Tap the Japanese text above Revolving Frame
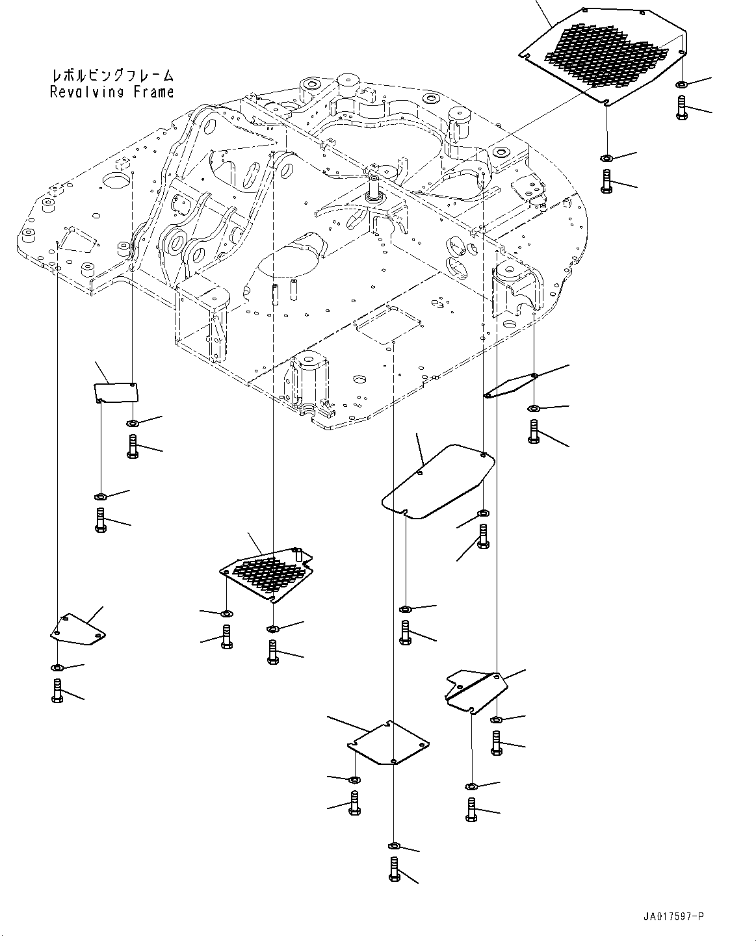coord(112,75)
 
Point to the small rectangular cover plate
coord(116,392)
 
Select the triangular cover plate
coord(77,630)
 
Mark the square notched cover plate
coord(388,743)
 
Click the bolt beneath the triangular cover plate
coord(57,690)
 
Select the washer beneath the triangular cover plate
coord(57,668)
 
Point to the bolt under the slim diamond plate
coord(534,432)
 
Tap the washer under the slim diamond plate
coord(534,408)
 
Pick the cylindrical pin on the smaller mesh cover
coord(298,554)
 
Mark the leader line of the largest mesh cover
coord(545,13)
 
